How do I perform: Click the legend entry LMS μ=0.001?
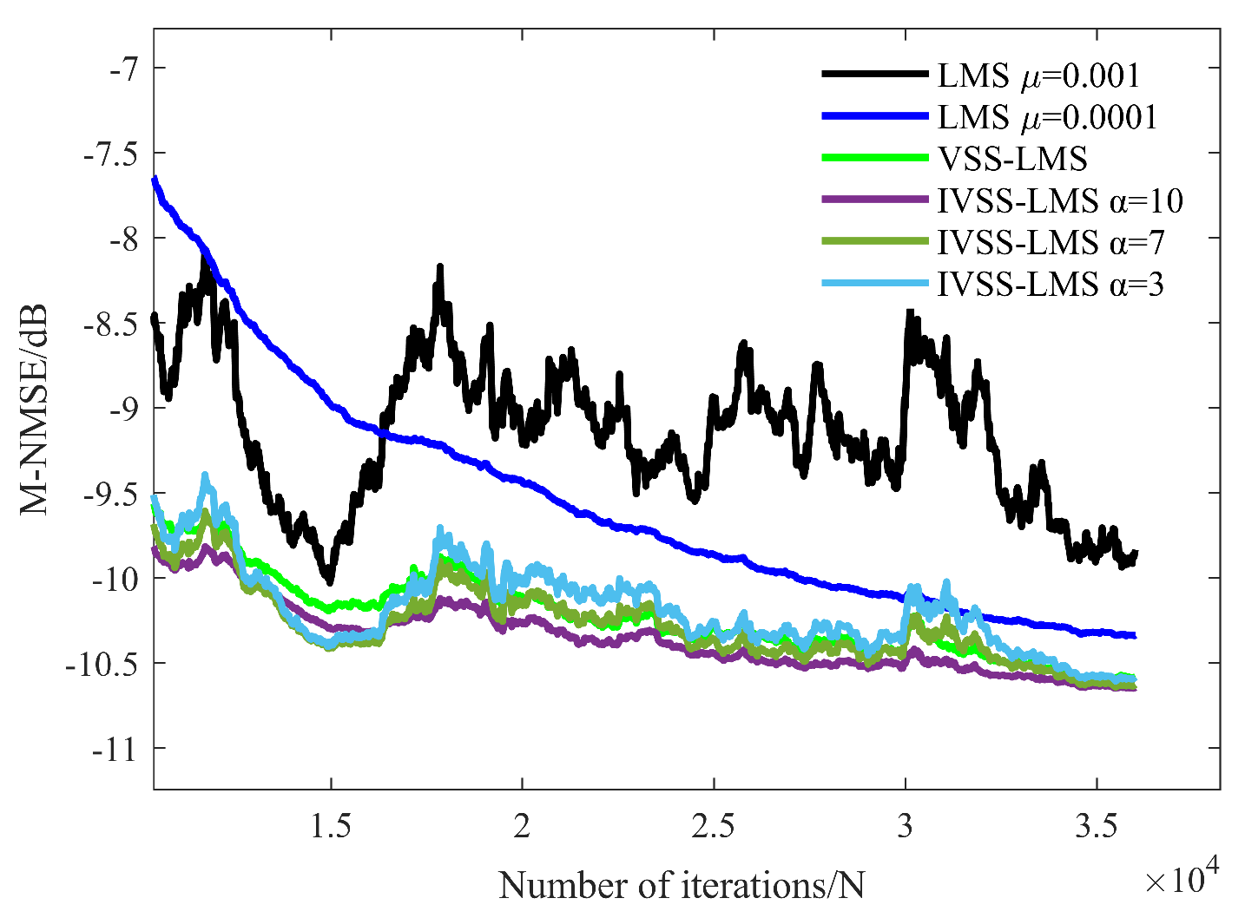[x=1038, y=76]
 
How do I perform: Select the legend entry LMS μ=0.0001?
[x=1047, y=117]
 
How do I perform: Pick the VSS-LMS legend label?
[x=1012, y=159]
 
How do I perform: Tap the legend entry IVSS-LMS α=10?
[x=1060, y=201]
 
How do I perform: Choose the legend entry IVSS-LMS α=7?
[x=1051, y=243]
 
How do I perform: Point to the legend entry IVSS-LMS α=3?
[x=1051, y=285]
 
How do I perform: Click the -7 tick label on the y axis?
[x=122, y=69]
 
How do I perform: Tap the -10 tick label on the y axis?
[x=115, y=579]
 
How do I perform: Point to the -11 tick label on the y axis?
[x=115, y=749]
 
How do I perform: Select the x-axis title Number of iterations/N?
[x=682, y=885]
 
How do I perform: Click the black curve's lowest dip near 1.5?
[x=329, y=581]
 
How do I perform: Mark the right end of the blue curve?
[x=1134, y=636]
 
